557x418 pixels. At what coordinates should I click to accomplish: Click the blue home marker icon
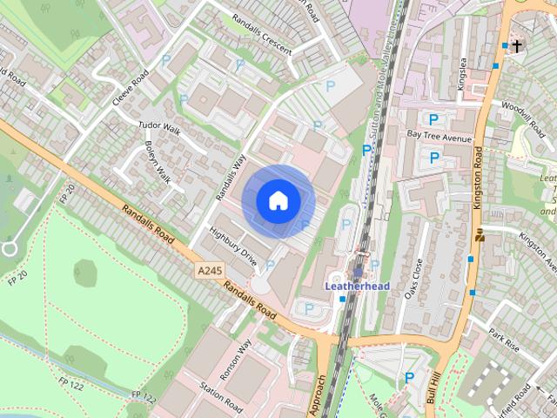point(278,200)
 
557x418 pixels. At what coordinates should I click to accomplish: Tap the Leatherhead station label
point(357,285)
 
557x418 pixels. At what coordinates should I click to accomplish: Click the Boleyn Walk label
point(158,161)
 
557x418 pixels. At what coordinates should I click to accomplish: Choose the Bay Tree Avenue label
point(439,138)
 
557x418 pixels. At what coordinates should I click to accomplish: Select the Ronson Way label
point(236,357)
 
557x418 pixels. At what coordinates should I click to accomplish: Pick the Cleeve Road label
point(131,88)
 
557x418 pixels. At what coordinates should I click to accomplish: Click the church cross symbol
point(517,45)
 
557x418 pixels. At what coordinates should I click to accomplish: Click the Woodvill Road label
point(522,118)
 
